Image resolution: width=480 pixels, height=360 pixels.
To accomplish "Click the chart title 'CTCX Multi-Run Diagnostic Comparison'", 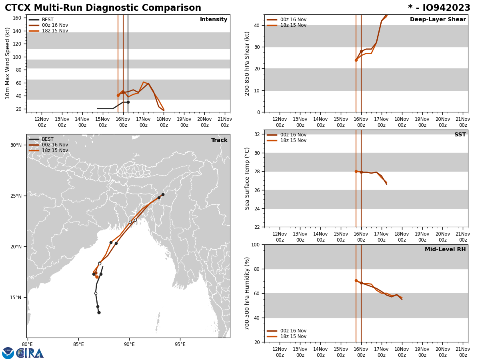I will pos(103,8).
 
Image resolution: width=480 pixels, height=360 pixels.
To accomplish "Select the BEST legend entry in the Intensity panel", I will pos(48,20).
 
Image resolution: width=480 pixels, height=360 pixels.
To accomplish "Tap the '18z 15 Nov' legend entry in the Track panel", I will pos(55,150).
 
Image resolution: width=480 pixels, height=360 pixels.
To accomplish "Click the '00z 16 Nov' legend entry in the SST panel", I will pos(293,135).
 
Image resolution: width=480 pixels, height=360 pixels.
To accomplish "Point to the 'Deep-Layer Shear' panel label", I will pos(438,20).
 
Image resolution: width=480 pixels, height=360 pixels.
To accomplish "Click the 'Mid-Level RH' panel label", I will pos(445,250).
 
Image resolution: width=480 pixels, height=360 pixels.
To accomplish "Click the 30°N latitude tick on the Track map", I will pos(16,145).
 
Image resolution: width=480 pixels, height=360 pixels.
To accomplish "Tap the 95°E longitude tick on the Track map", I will pos(180,344).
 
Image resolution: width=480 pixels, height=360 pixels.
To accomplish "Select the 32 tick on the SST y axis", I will pos(258,134).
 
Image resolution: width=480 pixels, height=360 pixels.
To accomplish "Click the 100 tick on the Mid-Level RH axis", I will pos(255,244).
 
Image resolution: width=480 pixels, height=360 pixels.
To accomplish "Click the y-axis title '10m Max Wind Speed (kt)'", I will pos(8,63).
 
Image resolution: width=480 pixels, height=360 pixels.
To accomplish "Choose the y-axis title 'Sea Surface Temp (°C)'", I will pos(247,178).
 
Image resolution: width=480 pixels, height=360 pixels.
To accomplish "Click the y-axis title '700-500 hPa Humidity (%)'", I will pos(247,293).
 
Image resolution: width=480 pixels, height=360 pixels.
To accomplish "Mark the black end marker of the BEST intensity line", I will pos(128,102).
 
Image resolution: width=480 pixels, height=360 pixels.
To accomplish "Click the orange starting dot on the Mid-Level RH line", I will pos(356,280).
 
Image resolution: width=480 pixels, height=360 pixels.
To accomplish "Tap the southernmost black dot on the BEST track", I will pos(99,312).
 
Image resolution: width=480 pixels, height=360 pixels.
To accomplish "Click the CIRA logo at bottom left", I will pos(30,353).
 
